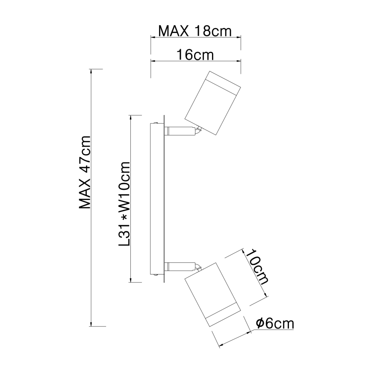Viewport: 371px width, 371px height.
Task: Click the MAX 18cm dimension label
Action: [x=195, y=31]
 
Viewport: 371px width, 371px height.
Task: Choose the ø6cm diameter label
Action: [x=275, y=324]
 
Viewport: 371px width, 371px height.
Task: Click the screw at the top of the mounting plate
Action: [x=159, y=124]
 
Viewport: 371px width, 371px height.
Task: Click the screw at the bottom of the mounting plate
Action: [x=159, y=275]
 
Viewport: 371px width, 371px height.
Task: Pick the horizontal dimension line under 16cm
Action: [x=195, y=61]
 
